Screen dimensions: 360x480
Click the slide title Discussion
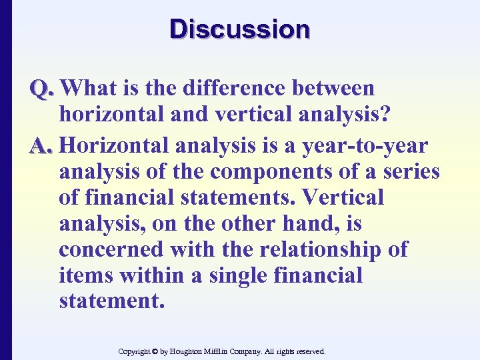[240, 29]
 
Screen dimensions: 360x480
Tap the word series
[409, 171]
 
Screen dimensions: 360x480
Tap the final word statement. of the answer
[111, 301]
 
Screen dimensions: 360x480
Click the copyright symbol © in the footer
[153, 351]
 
